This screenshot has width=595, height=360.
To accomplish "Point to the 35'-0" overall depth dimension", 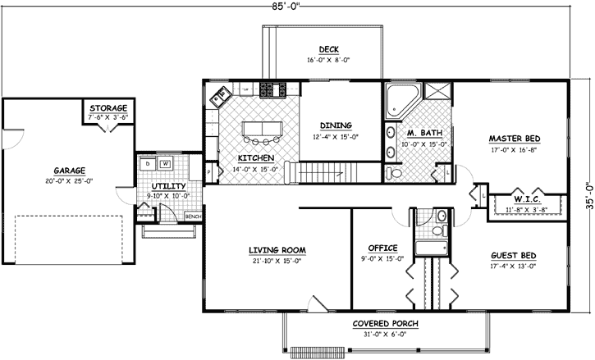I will (585, 195).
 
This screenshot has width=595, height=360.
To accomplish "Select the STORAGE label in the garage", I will (108, 108).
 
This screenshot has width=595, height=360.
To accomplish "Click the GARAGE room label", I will (70, 171).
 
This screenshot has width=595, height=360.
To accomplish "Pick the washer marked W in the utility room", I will (165, 163).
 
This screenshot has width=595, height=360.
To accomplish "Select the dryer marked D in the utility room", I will (148, 163).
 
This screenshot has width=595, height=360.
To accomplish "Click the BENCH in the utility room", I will (194, 216).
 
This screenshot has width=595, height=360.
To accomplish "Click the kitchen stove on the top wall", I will (272, 89).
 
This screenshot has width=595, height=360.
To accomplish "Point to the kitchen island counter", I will (261, 129).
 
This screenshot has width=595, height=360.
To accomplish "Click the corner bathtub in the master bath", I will (402, 98).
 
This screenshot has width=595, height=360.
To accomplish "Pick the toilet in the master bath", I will (394, 173).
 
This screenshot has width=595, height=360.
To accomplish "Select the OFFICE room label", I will (382, 248).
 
